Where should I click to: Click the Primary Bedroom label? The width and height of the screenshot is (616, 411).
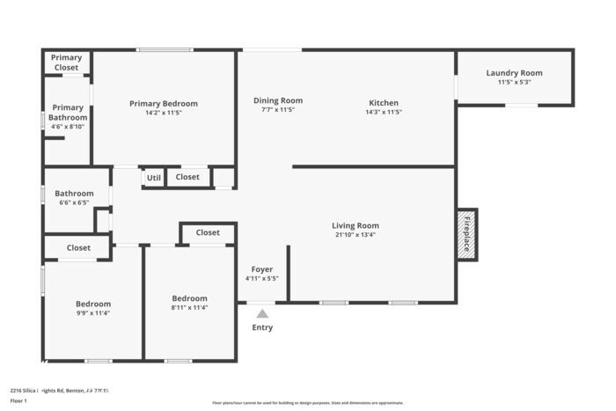(164, 104)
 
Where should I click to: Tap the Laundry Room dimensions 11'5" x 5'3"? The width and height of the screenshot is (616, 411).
(515, 82)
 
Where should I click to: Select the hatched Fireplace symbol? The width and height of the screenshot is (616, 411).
(466, 235)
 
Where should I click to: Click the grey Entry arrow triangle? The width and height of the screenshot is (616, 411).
(262, 312)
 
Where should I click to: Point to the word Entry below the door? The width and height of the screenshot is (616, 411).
(262, 327)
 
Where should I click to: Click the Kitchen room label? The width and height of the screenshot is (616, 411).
(383, 103)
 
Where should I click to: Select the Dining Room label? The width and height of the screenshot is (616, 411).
(278, 100)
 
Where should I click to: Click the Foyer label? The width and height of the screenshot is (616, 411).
(262, 269)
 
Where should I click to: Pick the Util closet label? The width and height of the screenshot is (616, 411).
(154, 178)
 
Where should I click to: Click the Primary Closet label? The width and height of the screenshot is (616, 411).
(66, 62)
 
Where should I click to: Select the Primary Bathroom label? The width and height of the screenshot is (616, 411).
(68, 113)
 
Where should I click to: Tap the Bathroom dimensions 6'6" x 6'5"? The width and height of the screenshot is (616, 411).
(74, 202)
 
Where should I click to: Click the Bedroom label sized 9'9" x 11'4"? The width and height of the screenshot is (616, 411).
(92, 303)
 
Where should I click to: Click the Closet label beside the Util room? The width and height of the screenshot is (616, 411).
(187, 177)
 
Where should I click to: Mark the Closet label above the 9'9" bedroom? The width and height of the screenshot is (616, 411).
(78, 248)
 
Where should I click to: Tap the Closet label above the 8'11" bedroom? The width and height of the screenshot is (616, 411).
(208, 232)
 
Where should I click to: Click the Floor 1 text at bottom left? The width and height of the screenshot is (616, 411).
(19, 400)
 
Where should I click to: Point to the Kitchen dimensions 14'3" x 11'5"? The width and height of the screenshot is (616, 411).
(383, 112)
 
